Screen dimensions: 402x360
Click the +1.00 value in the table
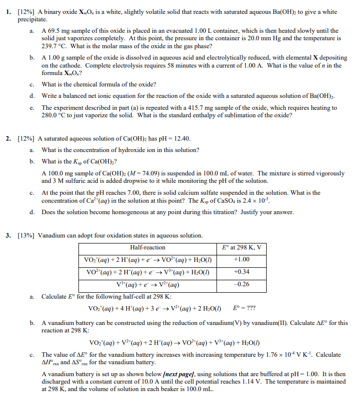click(x=241, y=259)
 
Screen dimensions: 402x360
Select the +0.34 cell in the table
click(x=241, y=272)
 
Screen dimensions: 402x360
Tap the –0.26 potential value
click(x=241, y=284)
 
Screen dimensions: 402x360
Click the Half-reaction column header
click(x=147, y=247)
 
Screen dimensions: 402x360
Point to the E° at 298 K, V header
click(x=241, y=247)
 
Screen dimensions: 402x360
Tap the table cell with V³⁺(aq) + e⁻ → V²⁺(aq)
click(x=147, y=284)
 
